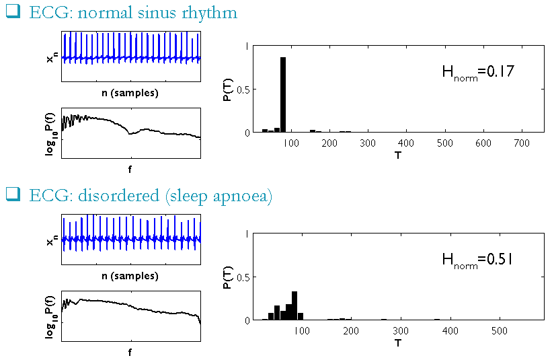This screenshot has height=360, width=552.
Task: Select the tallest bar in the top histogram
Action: [x=283, y=94]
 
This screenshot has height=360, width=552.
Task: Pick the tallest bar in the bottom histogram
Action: [x=294, y=305]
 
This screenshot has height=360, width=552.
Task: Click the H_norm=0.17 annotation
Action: [x=477, y=72]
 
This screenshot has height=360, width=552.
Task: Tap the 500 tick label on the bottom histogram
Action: [x=498, y=331]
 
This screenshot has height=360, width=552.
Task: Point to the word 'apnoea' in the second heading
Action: [x=241, y=196]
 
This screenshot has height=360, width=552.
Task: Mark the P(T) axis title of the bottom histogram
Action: [x=228, y=277]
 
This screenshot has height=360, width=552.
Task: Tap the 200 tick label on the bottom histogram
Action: [x=351, y=331]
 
